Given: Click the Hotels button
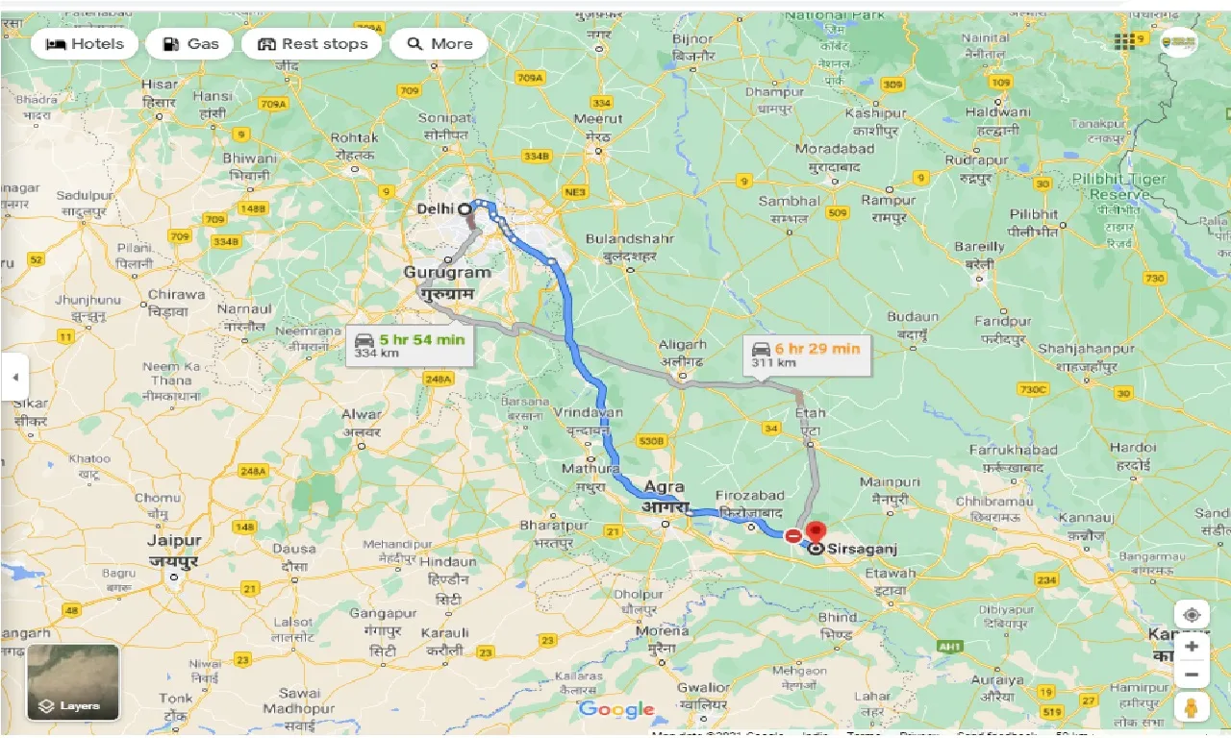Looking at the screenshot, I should point(85,44).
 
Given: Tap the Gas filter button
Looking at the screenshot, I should point(190,44).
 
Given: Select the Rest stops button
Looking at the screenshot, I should point(312,44).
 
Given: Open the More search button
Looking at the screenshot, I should point(439,44).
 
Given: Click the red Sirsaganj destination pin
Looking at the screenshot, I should point(816,532).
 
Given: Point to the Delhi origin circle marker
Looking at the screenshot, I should point(465,209).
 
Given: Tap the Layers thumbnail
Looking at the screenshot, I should point(73,682).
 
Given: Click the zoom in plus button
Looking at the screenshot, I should point(1192,647).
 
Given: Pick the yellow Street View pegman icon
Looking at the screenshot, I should point(1192,708).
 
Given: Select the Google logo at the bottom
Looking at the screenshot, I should point(616,710).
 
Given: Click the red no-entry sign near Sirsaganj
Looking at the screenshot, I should point(793,536).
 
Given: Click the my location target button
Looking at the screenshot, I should point(1192,615).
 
